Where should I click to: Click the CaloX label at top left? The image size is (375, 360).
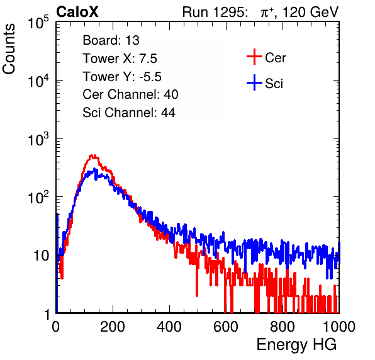click(x=77, y=12)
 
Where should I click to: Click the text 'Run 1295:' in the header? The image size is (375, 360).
click(x=215, y=12)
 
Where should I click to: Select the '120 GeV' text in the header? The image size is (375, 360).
click(x=310, y=12)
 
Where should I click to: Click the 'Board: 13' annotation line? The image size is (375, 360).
click(x=111, y=40)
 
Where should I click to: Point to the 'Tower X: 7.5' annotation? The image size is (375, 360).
click(x=120, y=59)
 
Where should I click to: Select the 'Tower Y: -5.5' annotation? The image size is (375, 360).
click(x=122, y=77)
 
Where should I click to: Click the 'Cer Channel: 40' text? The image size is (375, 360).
click(x=130, y=94)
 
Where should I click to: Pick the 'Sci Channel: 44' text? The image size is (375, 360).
click(x=129, y=113)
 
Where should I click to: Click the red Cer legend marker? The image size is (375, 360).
click(x=254, y=57)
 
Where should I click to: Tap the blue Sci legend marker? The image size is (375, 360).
click(x=254, y=83)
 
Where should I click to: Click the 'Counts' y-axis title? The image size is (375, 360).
click(x=9, y=49)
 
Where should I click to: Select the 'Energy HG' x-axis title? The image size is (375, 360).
click(x=296, y=345)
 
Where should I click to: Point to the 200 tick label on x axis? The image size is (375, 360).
click(x=113, y=327)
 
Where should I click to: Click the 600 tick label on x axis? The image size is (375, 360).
click(x=226, y=327)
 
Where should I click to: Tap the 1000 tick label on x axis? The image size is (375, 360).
click(x=339, y=327)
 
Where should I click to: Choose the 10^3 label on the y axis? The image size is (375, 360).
click(x=38, y=139)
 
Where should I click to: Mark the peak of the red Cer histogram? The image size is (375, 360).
click(x=92, y=155)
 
